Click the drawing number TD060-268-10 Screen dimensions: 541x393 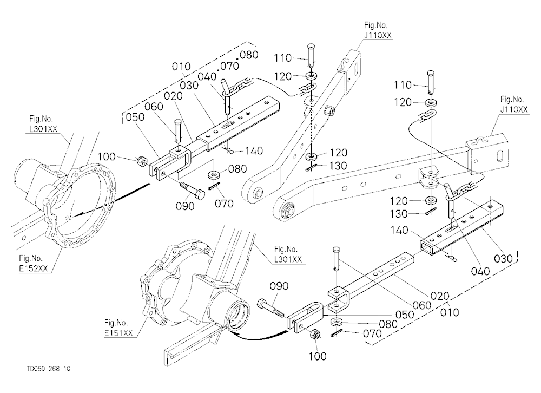click(x=48, y=369)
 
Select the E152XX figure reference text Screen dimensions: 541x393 click(x=34, y=268)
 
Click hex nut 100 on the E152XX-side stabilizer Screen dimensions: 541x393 click(x=141, y=160)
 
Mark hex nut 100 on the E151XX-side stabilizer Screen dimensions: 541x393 click(x=315, y=335)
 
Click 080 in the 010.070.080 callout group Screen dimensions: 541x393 click(x=249, y=55)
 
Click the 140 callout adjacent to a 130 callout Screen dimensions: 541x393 click(x=399, y=230)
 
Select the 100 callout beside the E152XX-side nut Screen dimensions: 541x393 click(x=107, y=156)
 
